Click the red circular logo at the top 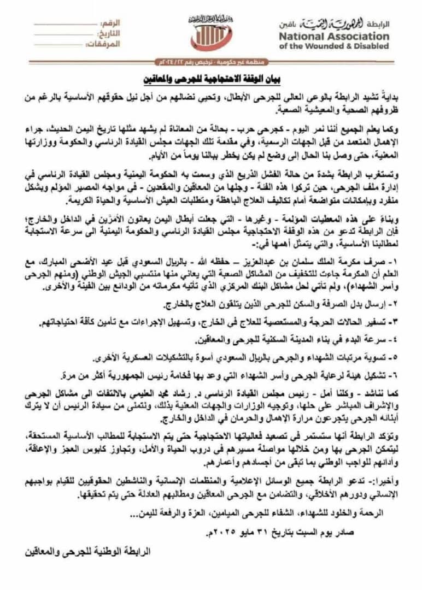tap(211, 37)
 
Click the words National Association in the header tap(335, 37)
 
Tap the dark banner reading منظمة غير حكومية tap(211, 62)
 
